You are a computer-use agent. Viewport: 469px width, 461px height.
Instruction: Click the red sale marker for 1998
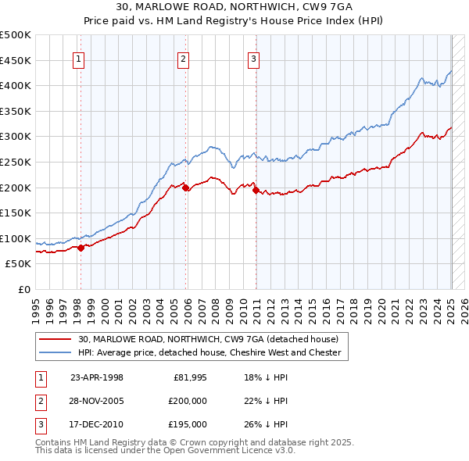[81, 248]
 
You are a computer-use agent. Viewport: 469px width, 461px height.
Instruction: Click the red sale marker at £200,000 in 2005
[186, 188]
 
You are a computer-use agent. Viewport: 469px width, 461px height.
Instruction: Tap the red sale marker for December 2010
[256, 190]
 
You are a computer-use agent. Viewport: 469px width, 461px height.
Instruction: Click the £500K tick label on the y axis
[16, 35]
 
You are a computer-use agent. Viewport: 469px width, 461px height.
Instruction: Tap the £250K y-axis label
[16, 163]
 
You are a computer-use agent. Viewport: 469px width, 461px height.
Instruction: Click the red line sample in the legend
[55, 339]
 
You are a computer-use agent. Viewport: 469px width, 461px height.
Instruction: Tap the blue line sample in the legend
[55, 352]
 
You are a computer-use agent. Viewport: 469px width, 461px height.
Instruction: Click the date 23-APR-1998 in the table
[97, 377]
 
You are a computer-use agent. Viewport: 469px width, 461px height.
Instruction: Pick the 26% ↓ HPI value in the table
[266, 424]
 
